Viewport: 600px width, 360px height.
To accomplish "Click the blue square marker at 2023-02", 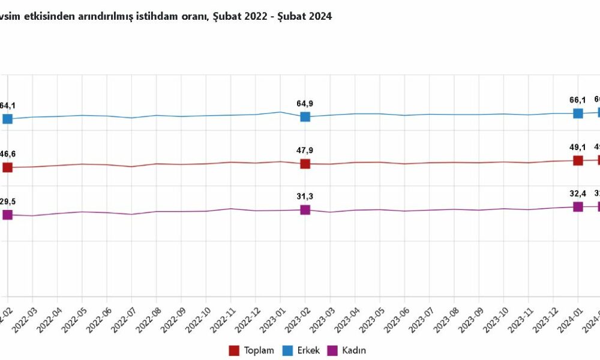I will click(x=305, y=116).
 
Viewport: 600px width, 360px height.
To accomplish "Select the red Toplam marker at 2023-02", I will click(x=305, y=164).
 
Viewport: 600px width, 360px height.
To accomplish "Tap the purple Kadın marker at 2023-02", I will click(x=305, y=209).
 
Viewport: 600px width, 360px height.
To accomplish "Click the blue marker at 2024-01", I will click(x=578, y=113).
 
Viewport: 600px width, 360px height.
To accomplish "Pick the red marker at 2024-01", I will click(x=578, y=160).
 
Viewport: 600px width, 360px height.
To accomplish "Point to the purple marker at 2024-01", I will click(x=578, y=206).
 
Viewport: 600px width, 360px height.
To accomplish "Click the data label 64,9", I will click(x=305, y=104).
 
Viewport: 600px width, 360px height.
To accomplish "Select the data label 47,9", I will click(x=305, y=151).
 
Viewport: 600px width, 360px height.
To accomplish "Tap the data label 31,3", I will click(x=305, y=196).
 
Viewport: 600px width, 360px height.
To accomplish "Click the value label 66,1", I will click(x=578, y=100).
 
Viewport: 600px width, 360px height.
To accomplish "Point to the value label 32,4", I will click(x=578, y=194).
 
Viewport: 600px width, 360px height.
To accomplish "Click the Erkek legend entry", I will click(x=302, y=350).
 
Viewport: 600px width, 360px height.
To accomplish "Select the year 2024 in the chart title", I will click(x=319, y=17).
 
